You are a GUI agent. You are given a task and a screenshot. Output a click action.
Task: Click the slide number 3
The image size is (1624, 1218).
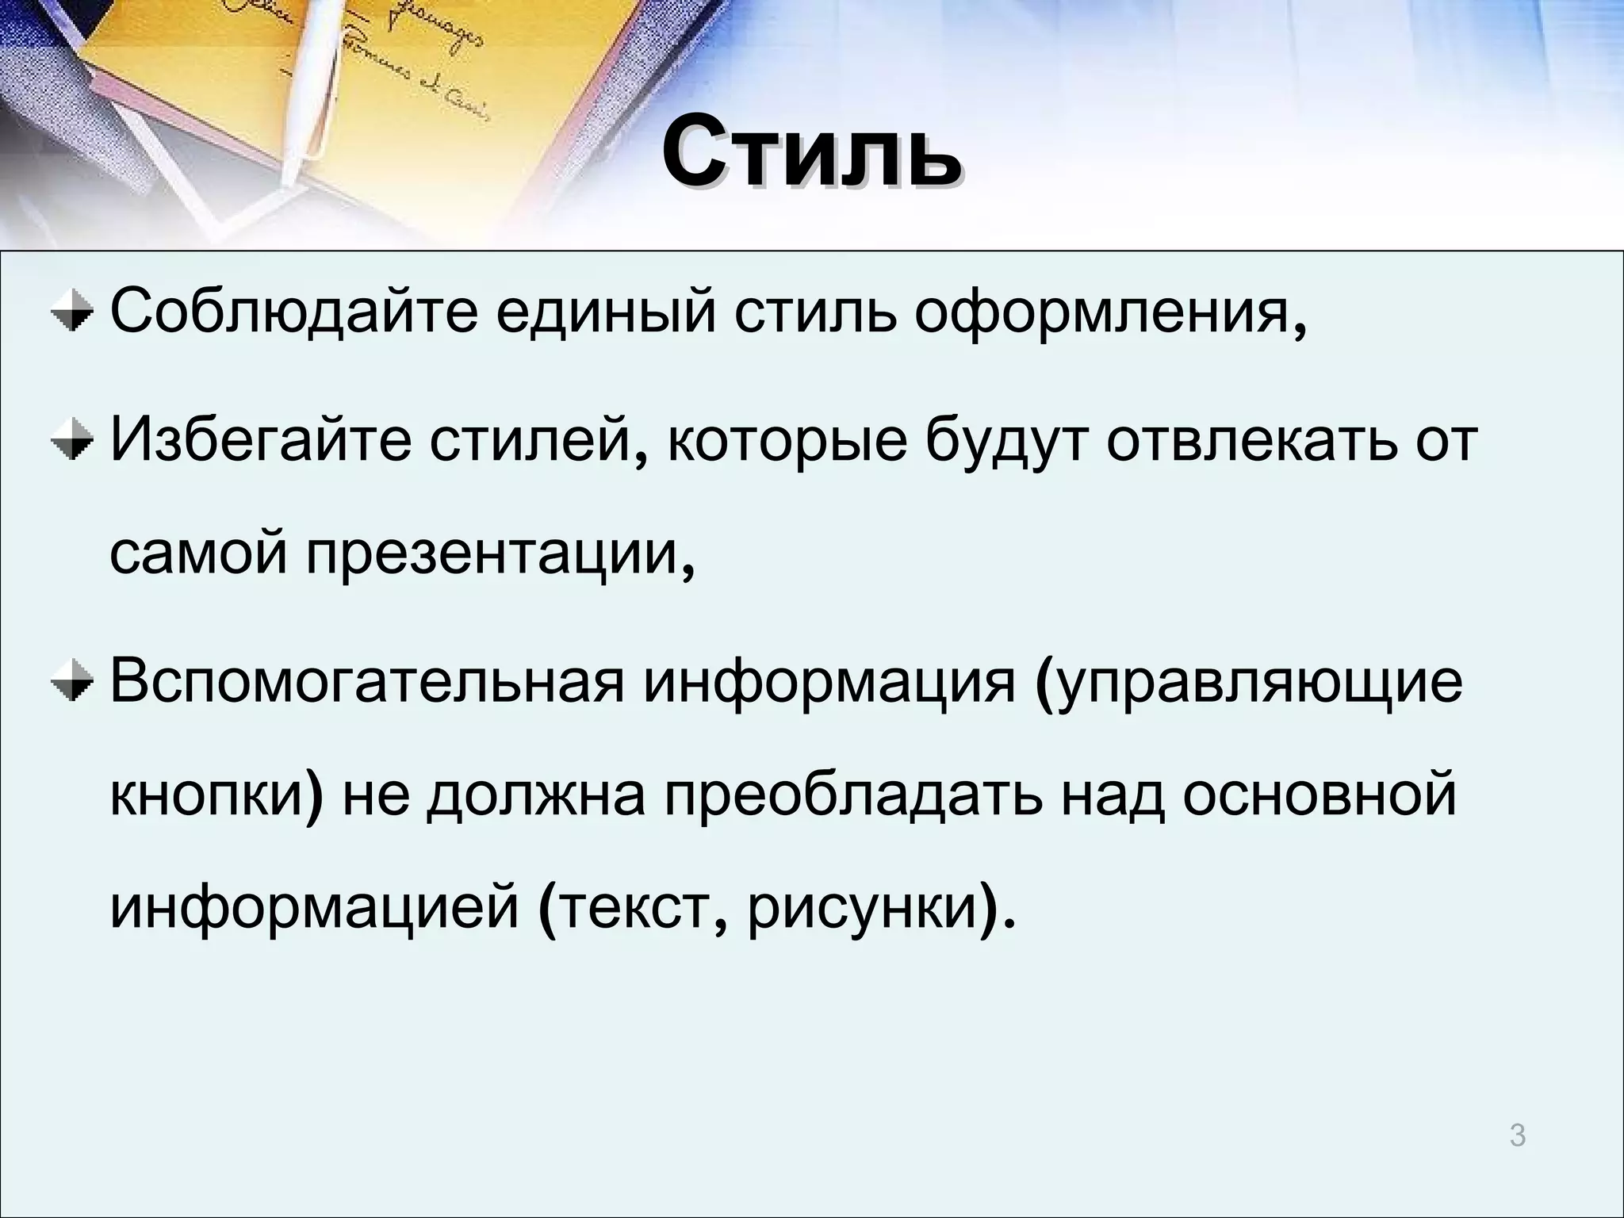coord(1517,1136)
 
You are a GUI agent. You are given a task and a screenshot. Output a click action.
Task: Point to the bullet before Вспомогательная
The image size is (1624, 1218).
coord(71,684)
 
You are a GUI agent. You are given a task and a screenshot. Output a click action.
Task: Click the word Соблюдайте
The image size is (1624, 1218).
coord(293,313)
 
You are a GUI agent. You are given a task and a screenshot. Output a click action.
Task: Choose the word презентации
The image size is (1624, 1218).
coord(492,557)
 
